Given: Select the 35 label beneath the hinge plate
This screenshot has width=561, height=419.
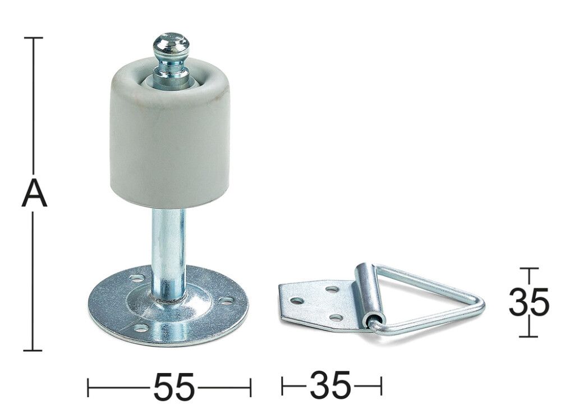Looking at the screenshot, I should [x=330, y=385].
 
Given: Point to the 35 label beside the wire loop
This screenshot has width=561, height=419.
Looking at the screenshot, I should [x=528, y=303].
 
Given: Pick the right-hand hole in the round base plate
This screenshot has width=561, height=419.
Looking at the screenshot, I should [x=227, y=301].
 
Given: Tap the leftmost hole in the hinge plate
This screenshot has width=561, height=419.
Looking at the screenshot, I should [x=298, y=301].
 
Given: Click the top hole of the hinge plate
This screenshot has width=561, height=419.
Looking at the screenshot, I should [x=333, y=289].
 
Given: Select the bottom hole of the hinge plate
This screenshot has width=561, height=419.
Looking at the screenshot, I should [x=336, y=317].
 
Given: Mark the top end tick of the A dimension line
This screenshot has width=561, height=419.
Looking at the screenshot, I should [x=34, y=38].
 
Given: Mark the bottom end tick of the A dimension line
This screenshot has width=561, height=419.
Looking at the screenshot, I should [x=34, y=351].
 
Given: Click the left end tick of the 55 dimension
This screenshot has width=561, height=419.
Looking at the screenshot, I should [x=89, y=386].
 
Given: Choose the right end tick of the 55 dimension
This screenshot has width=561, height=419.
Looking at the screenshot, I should [x=250, y=386].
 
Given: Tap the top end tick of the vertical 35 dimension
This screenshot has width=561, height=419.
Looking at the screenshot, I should [x=529, y=269].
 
